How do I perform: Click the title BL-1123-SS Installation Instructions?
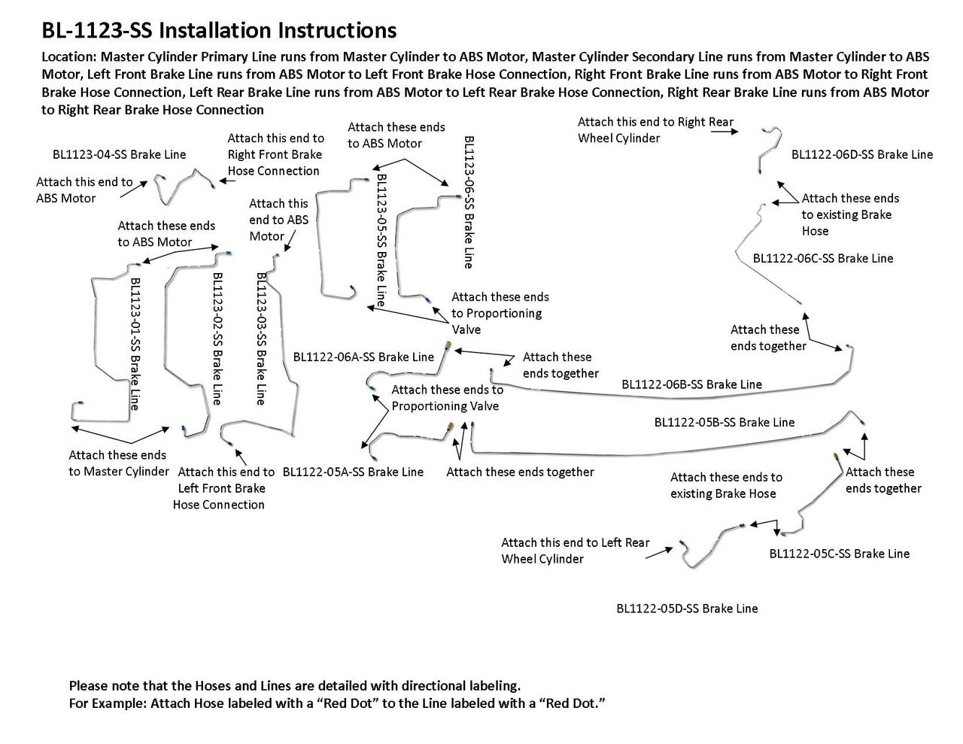pyautogui.click(x=219, y=31)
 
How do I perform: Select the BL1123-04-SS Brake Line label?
pyautogui.click(x=119, y=155)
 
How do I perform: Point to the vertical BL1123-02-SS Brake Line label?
pyautogui.click(x=217, y=339)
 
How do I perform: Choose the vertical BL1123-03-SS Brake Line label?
pyautogui.click(x=261, y=339)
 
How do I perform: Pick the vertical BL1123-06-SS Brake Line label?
pyautogui.click(x=468, y=202)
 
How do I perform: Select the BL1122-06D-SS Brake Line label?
pyautogui.click(x=861, y=155)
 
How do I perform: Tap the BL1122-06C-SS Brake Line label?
pyautogui.click(x=823, y=259)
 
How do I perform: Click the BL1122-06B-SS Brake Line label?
pyautogui.click(x=691, y=384)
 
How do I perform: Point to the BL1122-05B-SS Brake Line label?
pyautogui.click(x=724, y=423)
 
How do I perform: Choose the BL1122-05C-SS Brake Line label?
pyautogui.click(x=839, y=554)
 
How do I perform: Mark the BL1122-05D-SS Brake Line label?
pyautogui.click(x=687, y=609)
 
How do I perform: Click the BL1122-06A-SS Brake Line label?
pyautogui.click(x=363, y=357)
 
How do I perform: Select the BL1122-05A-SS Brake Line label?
pyautogui.click(x=353, y=472)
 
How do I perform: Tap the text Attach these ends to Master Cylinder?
pyautogui.click(x=118, y=463)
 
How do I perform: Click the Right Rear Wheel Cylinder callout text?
pyautogui.click(x=655, y=130)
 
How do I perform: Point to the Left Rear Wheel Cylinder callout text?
pyautogui.click(x=575, y=551)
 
